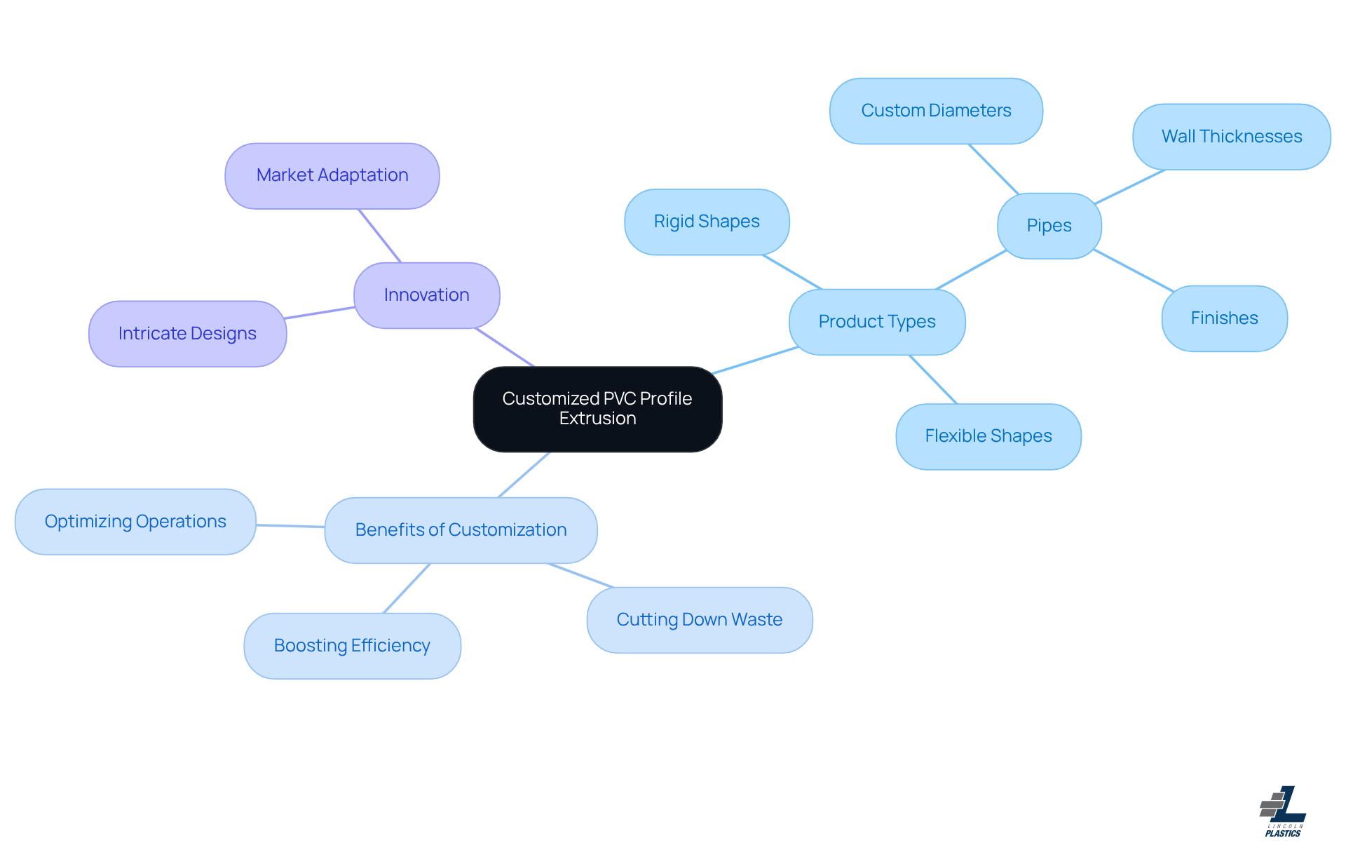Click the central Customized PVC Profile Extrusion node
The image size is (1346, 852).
coord(597,409)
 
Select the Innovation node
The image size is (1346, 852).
coord(426,295)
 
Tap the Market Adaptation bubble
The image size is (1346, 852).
coord(332,176)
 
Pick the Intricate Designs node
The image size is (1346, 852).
coord(187,334)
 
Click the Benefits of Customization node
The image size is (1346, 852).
coord(461,530)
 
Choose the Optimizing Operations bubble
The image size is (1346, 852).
coord(135,522)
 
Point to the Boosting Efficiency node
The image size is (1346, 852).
coord(352,646)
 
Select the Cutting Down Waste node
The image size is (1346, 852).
coord(699,620)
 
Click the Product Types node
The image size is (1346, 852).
coord(876,322)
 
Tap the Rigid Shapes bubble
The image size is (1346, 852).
coord(707,222)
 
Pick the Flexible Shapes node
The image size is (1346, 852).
coord(988,436)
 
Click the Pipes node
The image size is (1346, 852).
coord(1049,226)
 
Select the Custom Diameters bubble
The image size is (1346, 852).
coord(936,111)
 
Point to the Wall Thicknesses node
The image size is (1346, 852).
coord(1231,137)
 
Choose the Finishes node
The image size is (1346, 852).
coord(1224,318)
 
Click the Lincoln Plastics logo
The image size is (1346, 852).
coord(1283,811)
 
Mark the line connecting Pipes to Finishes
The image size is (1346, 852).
coord(1133,270)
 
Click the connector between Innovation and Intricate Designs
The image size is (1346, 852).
coord(320,313)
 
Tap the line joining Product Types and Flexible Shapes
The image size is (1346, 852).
coord(933,379)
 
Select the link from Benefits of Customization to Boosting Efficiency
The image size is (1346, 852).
coord(407,588)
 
